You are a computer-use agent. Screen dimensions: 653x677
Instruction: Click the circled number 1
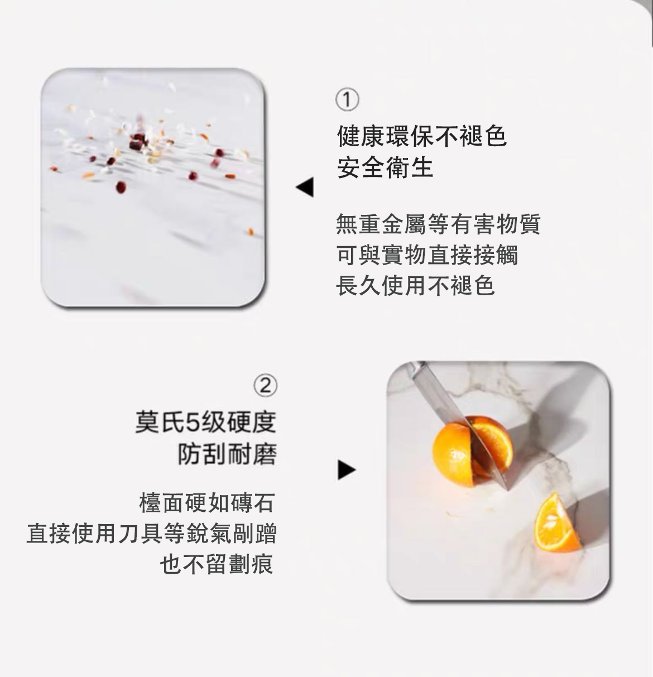[x=347, y=100]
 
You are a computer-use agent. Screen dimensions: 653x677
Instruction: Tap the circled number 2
[x=265, y=386]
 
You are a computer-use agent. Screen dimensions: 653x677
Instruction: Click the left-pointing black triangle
[x=305, y=187]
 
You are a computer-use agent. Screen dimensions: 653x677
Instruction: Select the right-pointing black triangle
[x=347, y=470]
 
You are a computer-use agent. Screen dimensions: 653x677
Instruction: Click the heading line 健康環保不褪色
[x=421, y=136]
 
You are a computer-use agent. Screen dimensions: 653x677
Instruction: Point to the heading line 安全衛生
[x=385, y=167]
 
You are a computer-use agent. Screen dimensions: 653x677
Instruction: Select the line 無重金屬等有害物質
[x=438, y=224]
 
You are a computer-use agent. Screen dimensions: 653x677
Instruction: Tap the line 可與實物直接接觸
[x=427, y=255]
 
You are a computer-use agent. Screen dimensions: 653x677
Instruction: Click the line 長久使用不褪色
[x=415, y=285]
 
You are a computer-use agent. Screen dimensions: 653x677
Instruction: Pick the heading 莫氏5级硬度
[x=205, y=422]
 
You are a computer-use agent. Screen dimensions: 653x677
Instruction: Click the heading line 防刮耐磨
[x=227, y=454]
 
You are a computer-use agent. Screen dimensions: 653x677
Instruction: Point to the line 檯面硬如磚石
[x=207, y=503]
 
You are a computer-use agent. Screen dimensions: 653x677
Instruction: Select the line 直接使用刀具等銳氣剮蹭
[x=151, y=534]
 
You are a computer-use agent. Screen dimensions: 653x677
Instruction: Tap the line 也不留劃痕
[x=217, y=564]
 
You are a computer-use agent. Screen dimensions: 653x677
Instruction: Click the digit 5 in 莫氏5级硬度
[x=193, y=422]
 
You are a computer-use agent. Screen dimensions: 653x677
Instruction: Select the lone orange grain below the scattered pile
[x=250, y=232]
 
